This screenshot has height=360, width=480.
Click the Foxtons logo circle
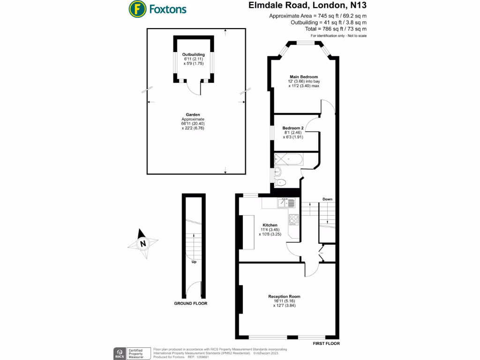pyautogui.click(x=136, y=9)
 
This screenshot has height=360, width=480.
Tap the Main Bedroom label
pyautogui.click(x=303, y=76)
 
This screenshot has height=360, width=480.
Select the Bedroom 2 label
pyautogui.click(x=292, y=128)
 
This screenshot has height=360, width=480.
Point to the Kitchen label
pyautogui.click(x=270, y=225)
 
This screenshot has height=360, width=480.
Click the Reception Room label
pyautogui.click(x=284, y=296)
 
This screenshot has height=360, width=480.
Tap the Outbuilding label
pyautogui.click(x=194, y=54)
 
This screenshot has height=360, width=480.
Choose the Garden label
pyautogui.click(x=193, y=114)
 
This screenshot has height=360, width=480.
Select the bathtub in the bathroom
pyautogui.click(x=288, y=160)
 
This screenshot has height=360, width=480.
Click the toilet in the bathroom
pyautogui.click(x=281, y=183)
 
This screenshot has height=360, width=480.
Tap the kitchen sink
pyautogui.click(x=286, y=203)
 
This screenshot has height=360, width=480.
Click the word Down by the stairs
pyautogui.click(x=327, y=199)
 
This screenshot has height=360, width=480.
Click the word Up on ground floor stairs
pyautogui.click(x=194, y=262)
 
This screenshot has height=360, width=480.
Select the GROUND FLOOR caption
pyautogui.click(x=191, y=303)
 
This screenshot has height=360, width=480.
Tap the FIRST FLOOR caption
pyautogui.click(x=326, y=344)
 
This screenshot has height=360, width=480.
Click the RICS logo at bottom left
pyautogui.click(x=120, y=353)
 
